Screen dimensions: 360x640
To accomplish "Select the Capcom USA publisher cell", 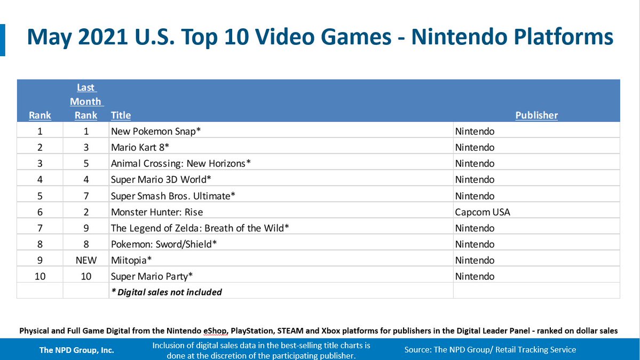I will point(482,212).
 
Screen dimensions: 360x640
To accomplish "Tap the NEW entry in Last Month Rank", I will point(86,260).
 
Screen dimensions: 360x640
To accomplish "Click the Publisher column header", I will point(536,115).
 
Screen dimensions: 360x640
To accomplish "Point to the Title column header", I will point(121,115).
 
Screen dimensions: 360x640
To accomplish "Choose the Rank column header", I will point(40,115).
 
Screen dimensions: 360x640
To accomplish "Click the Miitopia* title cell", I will point(131,260).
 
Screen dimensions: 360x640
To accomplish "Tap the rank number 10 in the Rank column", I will point(40,276).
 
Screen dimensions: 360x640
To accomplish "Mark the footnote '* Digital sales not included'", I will point(166,292).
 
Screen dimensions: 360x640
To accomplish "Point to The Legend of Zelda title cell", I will point(200,228).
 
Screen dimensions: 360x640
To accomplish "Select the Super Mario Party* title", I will point(152,276).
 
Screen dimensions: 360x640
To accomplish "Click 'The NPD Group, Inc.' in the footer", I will point(76,350).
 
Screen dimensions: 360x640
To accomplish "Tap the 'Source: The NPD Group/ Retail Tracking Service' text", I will point(490,349).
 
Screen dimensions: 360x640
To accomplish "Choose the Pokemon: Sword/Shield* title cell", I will point(163,244).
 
